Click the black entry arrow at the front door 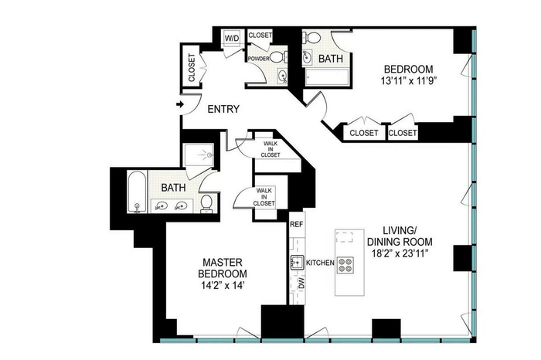(x=180, y=104)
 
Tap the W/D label (x=232, y=39)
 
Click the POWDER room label (x=258, y=59)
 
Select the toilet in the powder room (x=278, y=56)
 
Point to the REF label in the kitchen (x=296, y=225)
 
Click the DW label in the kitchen (x=302, y=283)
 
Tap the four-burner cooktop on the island (x=345, y=265)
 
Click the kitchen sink (x=296, y=262)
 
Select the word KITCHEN (x=320, y=263)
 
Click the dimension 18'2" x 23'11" (x=400, y=253)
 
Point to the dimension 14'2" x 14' (x=223, y=285)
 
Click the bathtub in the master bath (x=137, y=192)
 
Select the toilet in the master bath (x=206, y=204)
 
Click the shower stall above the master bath (x=199, y=155)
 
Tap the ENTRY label (x=223, y=109)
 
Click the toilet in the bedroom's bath (x=312, y=37)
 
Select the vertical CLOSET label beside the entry (x=192, y=67)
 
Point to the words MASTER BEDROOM (x=223, y=268)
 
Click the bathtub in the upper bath (x=327, y=77)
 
